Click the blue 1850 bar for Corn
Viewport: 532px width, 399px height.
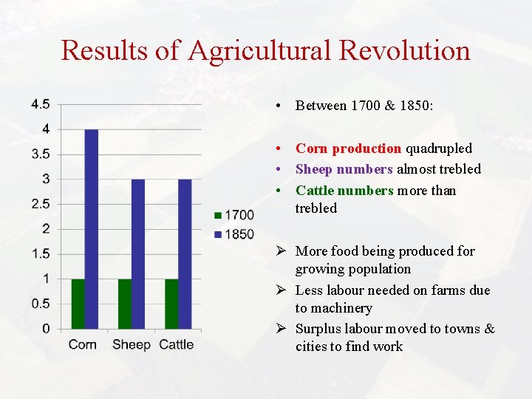92,229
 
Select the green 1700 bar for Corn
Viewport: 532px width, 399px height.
78,304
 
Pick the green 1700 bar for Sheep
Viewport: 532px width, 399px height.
124,304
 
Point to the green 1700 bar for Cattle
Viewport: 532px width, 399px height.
171,304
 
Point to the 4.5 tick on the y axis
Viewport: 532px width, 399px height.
41,104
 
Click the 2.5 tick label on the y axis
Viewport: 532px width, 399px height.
41,204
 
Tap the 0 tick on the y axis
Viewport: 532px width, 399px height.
46,328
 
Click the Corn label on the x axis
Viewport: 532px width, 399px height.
82,344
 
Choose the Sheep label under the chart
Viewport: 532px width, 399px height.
131,344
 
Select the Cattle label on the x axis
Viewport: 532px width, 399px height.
177,344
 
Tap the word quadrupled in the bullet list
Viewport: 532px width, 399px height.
439,149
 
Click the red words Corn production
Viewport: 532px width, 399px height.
347,149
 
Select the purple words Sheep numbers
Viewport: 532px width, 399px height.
344,169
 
